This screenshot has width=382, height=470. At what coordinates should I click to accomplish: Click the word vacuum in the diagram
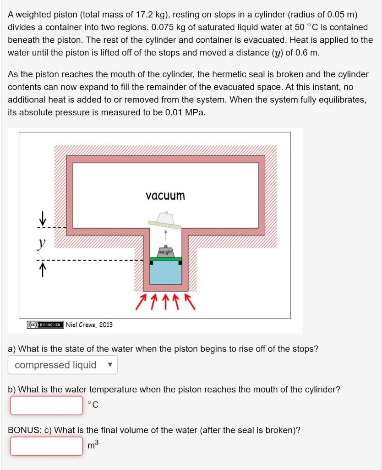(165, 196)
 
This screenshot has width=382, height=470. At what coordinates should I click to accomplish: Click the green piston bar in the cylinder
(166, 259)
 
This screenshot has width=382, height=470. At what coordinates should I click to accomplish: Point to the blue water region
(166, 274)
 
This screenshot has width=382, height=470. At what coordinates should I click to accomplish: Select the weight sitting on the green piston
(166, 252)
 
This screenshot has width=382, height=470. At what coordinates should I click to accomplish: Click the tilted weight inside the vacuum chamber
(165, 219)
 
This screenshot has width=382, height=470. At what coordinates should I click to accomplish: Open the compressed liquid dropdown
(62, 365)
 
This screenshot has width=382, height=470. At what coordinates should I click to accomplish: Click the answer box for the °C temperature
(46, 405)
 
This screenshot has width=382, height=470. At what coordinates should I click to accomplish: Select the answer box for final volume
(46, 446)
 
